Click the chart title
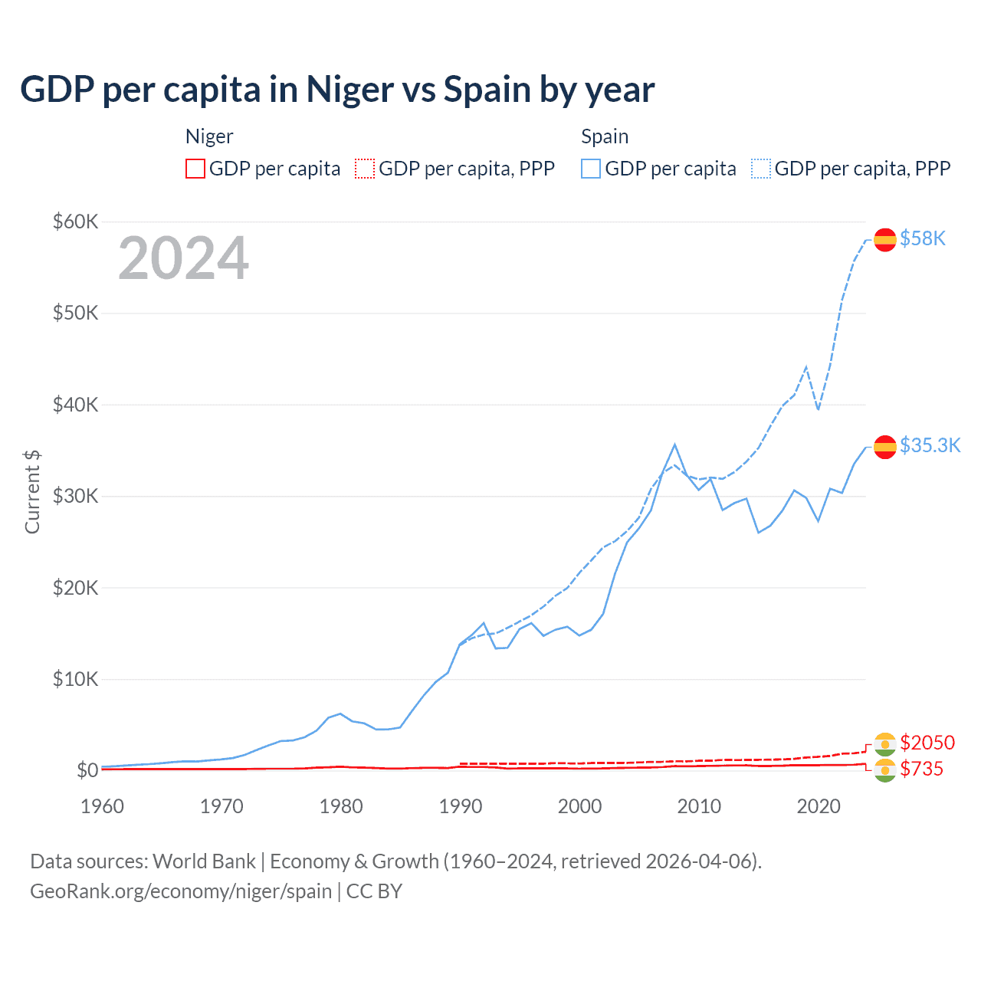[337, 90]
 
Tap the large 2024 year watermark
[183, 258]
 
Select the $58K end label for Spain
[923, 239]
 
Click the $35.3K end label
[930, 446]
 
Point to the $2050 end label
[927, 743]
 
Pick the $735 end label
[921, 769]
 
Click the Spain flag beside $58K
[885, 240]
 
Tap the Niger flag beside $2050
[885, 743]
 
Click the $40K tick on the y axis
[75, 405]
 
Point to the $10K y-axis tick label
[75, 679]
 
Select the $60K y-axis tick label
[75, 222]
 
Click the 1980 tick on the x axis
[341, 806]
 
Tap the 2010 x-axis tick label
[699, 806]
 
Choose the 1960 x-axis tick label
[102, 806]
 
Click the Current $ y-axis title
[32, 491]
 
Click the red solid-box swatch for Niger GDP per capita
[195, 169]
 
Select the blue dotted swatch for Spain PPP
[761, 169]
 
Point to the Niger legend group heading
[209, 136]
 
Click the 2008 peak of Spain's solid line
[674, 445]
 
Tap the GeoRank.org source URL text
[181, 891]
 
